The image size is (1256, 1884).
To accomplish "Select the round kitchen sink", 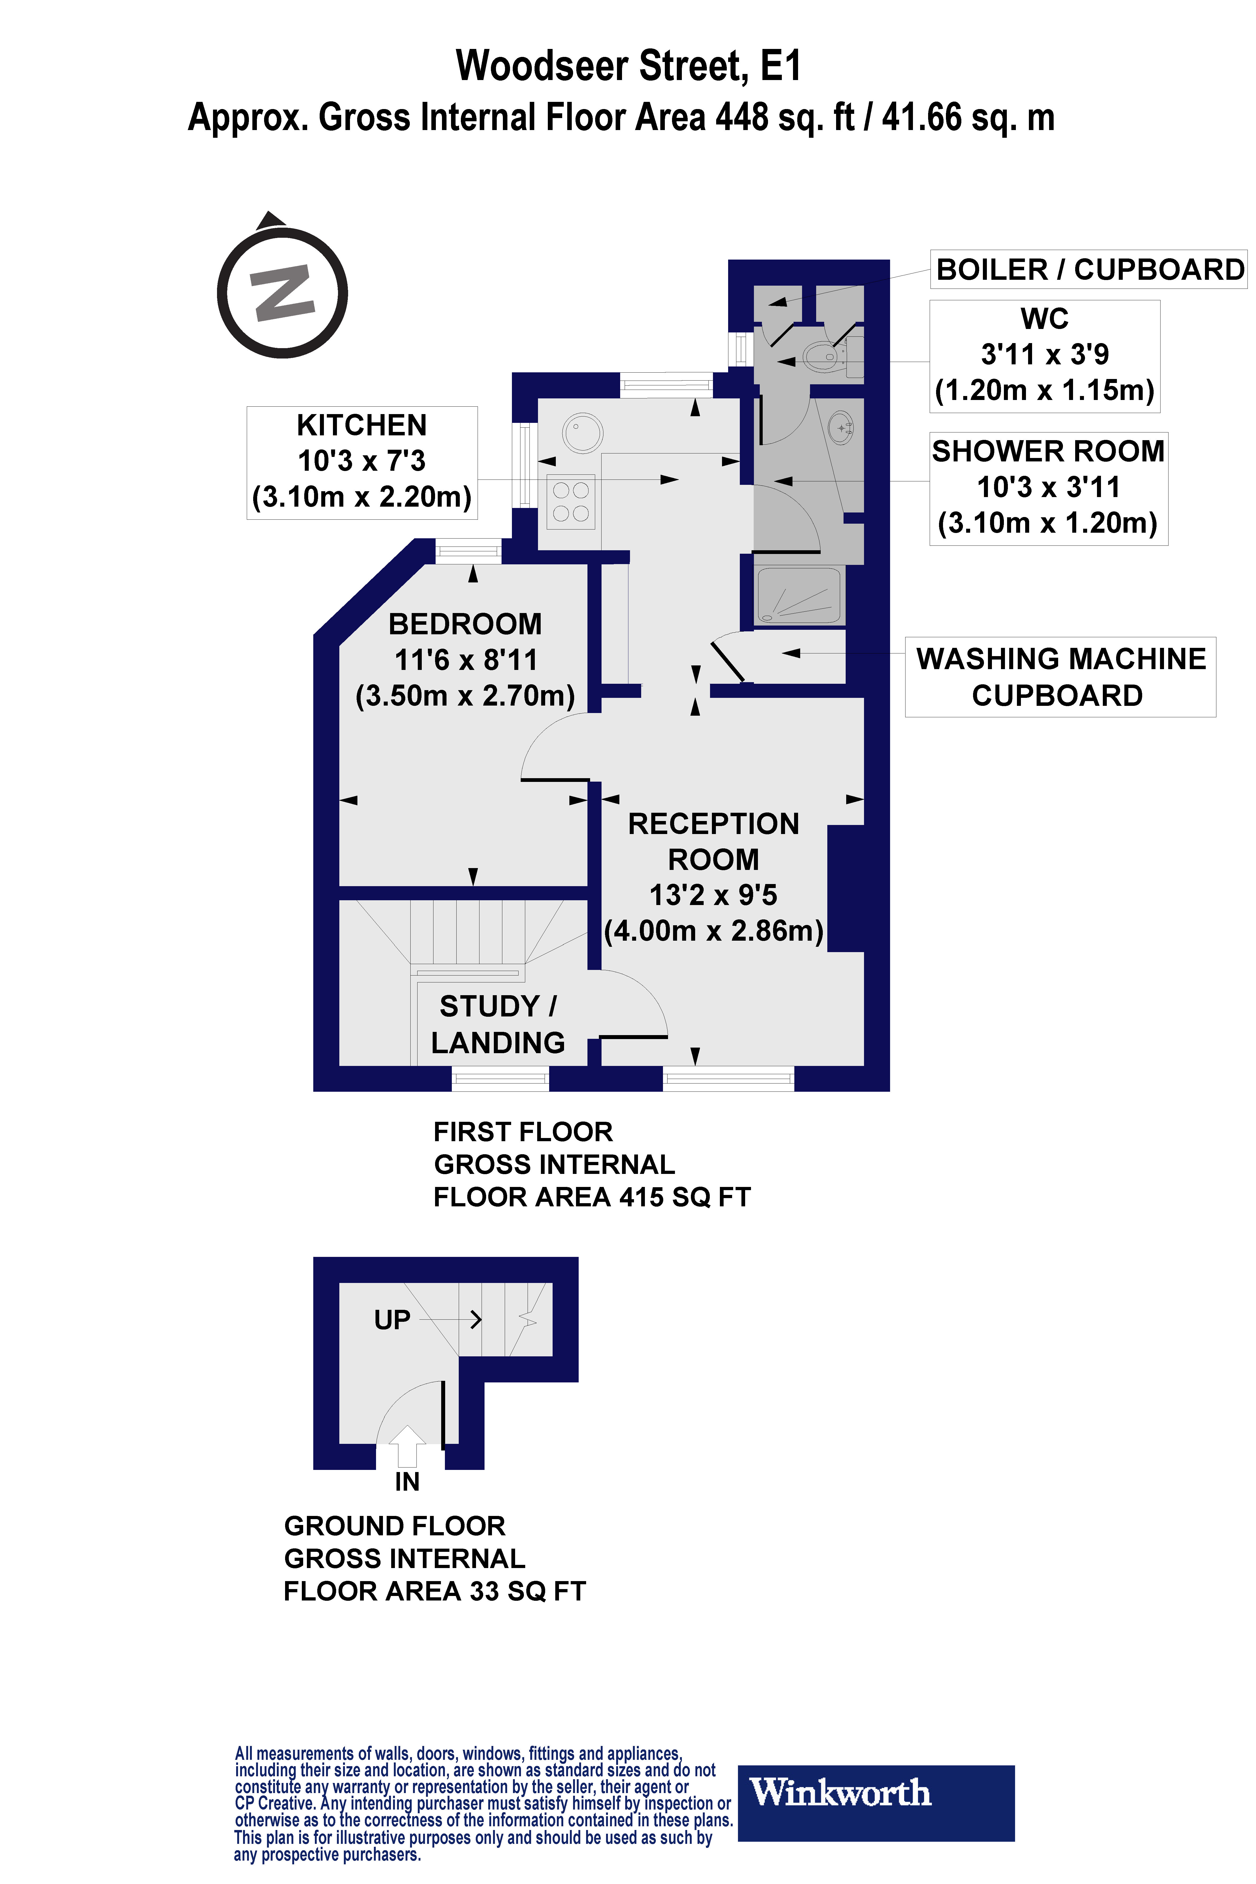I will [582, 433].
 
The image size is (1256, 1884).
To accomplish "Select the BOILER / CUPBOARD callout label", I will [1089, 270].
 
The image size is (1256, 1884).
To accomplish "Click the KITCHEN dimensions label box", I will [362, 462].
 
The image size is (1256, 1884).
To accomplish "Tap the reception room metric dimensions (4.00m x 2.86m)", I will [713, 931].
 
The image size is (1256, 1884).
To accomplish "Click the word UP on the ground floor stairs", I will [392, 1319].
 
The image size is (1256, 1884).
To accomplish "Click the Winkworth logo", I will [875, 1802].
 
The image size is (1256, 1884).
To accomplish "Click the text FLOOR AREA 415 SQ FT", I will [592, 1197].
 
